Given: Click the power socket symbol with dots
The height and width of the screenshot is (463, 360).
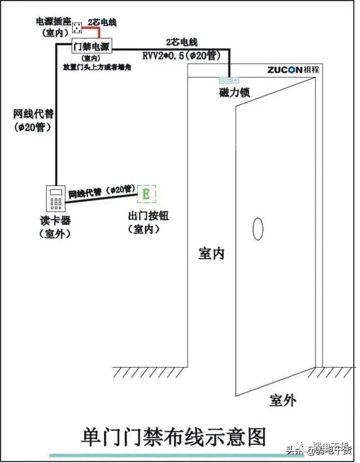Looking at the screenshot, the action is click(x=78, y=26).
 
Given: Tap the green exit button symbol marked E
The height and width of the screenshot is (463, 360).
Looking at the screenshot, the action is click(x=146, y=195).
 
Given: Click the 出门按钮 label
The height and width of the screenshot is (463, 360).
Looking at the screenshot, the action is click(x=148, y=217).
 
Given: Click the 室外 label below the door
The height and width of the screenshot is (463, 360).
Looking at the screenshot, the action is click(x=282, y=400).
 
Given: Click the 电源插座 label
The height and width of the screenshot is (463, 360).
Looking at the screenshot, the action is click(x=53, y=21).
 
